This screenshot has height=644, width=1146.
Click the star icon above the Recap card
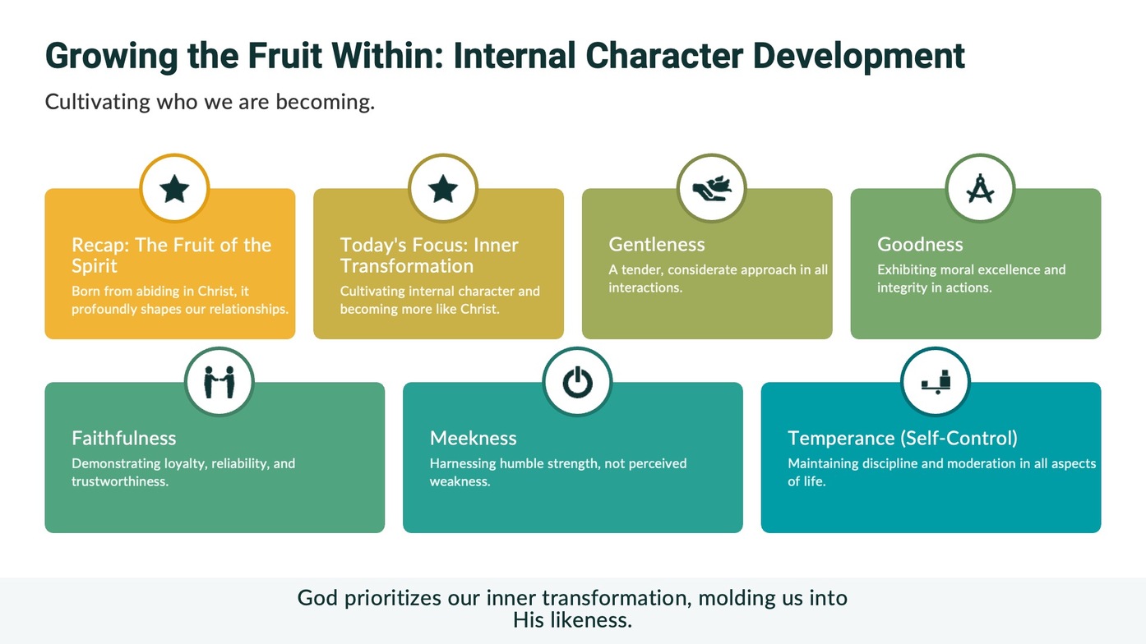(174, 189)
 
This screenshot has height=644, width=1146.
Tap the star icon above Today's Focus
(443, 189)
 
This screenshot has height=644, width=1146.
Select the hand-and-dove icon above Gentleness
(712, 189)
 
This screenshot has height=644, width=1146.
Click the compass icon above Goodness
(980, 189)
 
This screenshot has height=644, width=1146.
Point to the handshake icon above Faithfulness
(219, 382)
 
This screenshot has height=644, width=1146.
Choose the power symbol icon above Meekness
(578, 382)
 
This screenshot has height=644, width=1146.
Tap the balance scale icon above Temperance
(936, 382)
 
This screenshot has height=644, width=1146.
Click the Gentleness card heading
(657, 244)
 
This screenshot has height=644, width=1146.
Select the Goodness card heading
(920, 244)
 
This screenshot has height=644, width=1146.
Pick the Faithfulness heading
(124, 438)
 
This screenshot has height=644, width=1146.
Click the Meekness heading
(474, 438)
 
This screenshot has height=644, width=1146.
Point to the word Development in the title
(859, 56)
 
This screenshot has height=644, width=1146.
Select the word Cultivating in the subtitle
(98, 102)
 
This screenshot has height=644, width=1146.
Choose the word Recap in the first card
(100, 246)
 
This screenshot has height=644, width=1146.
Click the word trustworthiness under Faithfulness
(120, 481)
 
